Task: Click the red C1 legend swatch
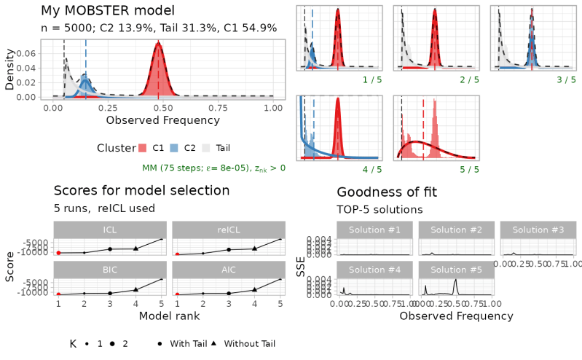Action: tap(143, 148)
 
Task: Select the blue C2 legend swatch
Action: tap(174, 148)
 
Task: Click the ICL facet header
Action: tap(110, 230)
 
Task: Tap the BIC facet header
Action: tap(110, 270)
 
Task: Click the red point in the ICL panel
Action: tap(59, 253)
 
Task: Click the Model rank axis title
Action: tap(169, 316)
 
